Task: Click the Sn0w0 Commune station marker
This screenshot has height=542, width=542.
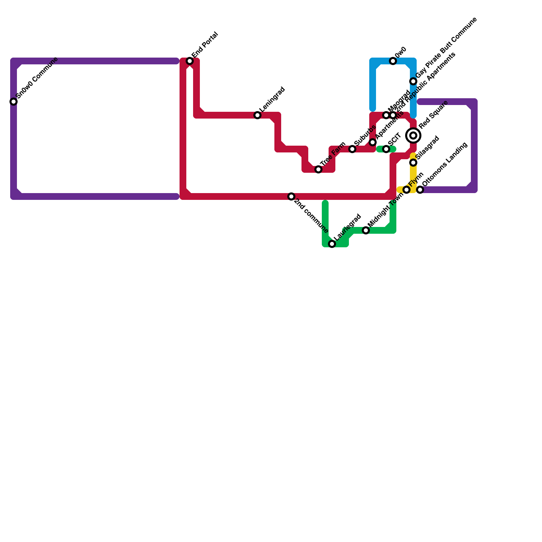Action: [14, 102]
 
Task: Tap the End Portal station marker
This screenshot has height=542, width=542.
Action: [190, 61]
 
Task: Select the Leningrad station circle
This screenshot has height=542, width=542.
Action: [257, 115]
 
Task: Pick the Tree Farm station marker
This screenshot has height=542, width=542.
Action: [318, 169]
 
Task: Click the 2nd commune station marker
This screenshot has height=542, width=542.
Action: [291, 196]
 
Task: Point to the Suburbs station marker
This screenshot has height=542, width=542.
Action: [352, 149]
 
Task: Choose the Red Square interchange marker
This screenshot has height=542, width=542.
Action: [413, 135]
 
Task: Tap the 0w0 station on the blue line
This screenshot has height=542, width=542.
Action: [393, 61]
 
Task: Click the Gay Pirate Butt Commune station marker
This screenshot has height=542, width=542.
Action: [413, 81]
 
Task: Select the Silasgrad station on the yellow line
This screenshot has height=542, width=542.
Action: [413, 163]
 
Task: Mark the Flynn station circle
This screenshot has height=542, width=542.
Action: [406, 190]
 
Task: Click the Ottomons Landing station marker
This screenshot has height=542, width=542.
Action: [420, 190]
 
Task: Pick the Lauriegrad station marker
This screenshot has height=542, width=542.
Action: [332, 244]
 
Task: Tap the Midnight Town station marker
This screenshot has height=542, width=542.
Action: [366, 230]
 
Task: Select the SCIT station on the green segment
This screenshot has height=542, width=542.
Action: [386, 149]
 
